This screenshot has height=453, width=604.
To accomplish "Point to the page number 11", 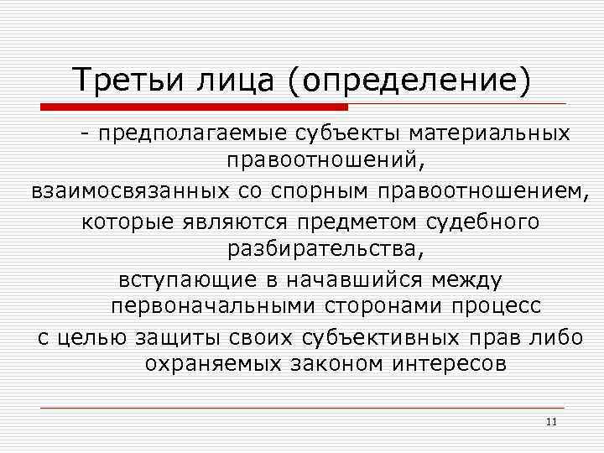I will tap(551, 420).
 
